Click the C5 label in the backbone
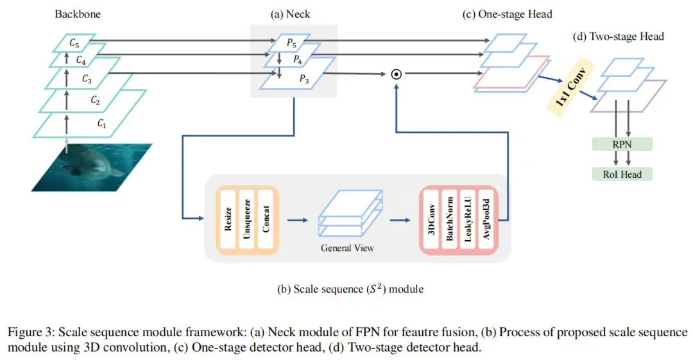(74, 44)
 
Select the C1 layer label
(101, 123)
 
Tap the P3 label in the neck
(304, 79)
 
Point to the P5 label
(291, 43)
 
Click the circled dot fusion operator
(397, 74)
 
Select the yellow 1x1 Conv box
(570, 87)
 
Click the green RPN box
(622, 144)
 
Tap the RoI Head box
(622, 175)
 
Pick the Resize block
(228, 219)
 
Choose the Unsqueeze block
(246, 219)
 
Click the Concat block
(266, 219)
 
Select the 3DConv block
(431, 219)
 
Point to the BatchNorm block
(450, 219)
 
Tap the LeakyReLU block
(468, 219)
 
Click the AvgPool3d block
(486, 219)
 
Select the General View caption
(347, 248)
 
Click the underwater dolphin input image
(92, 167)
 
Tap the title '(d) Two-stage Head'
(619, 37)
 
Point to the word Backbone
(78, 14)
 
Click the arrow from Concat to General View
(298, 220)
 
